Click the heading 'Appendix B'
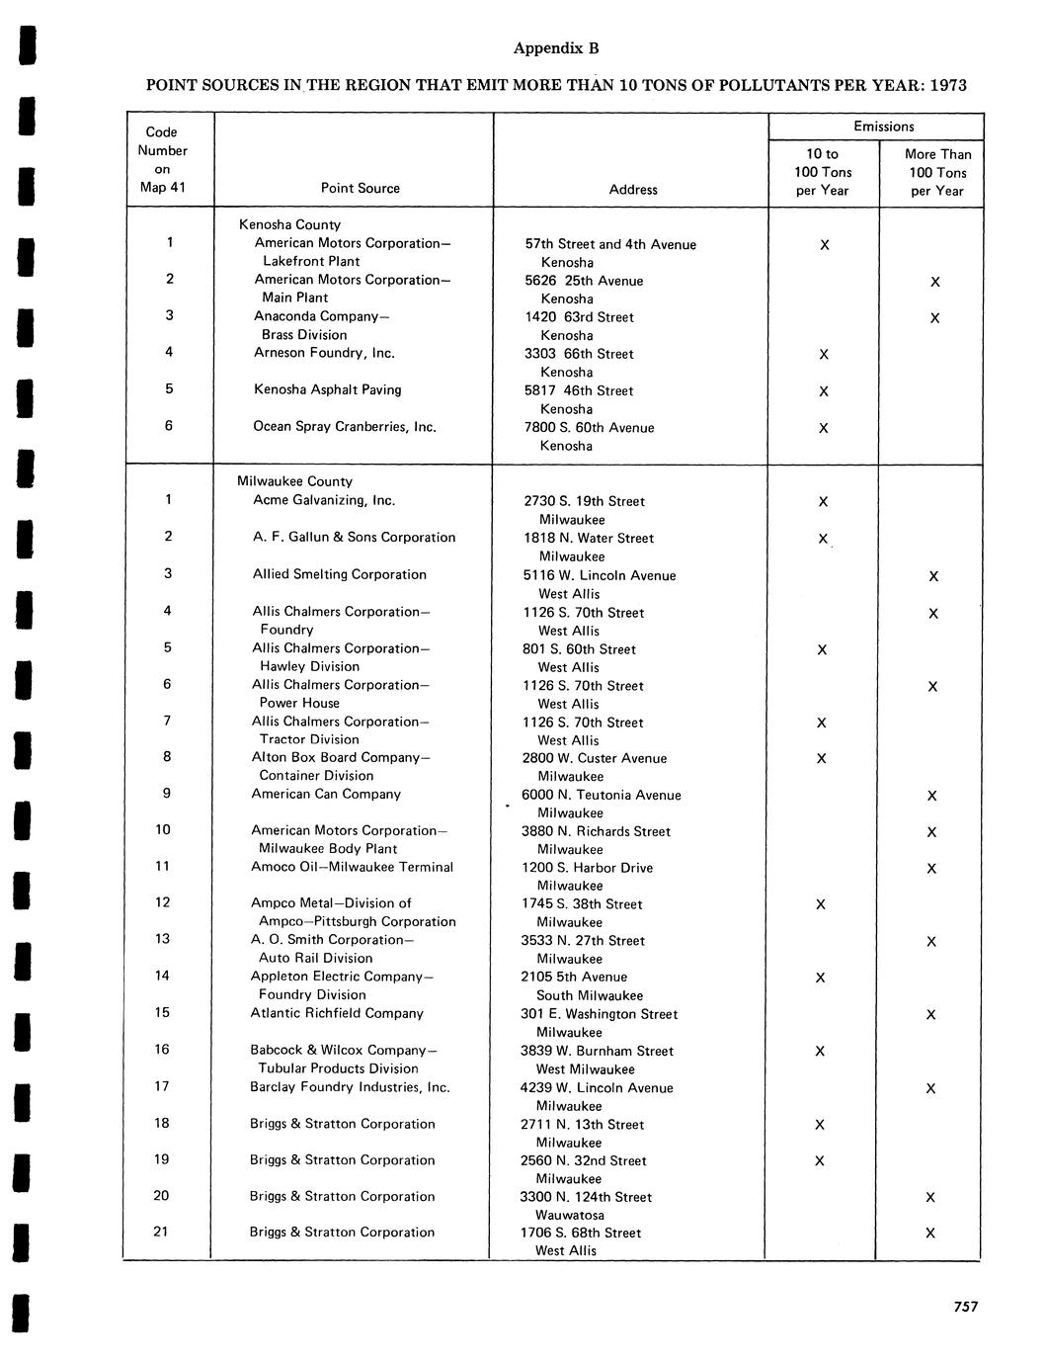(556, 48)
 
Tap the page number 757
(966, 1307)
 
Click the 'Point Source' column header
(361, 188)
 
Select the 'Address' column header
(633, 189)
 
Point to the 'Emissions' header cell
(884, 127)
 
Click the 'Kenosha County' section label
(289, 224)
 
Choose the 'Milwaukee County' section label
(294, 481)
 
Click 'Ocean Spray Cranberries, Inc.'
(345, 426)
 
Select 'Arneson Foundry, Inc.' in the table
(324, 352)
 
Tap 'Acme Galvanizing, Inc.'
(324, 500)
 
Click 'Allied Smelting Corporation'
(339, 574)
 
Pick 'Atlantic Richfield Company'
(336, 1013)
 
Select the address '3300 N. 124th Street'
(586, 1197)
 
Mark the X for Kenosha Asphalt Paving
(824, 391)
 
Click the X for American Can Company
(931, 796)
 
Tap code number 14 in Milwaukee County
(162, 976)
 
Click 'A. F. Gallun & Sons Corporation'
(354, 537)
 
